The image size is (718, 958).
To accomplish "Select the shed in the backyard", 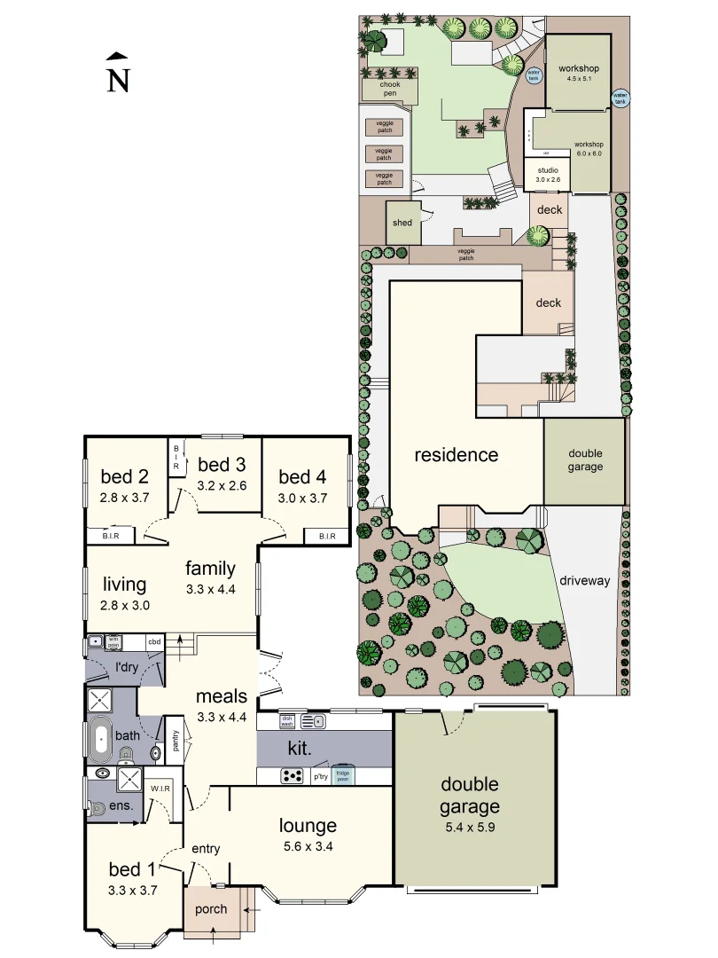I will [402, 223].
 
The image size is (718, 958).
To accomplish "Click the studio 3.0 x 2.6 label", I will [547, 174].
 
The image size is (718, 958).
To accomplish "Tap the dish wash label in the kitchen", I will [287, 721].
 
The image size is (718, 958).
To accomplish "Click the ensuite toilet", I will [98, 806].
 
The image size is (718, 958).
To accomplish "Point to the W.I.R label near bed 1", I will [160, 789].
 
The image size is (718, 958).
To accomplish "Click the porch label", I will [210, 909].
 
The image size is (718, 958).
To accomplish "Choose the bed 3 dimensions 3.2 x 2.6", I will [222, 485].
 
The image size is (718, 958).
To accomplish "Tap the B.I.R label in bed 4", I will [318, 536].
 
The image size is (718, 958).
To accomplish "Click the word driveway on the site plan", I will [585, 581].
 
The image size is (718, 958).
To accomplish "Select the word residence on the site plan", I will [457, 455].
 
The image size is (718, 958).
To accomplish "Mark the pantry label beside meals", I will [176, 741].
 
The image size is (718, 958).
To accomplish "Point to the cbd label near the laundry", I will [154, 641].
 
